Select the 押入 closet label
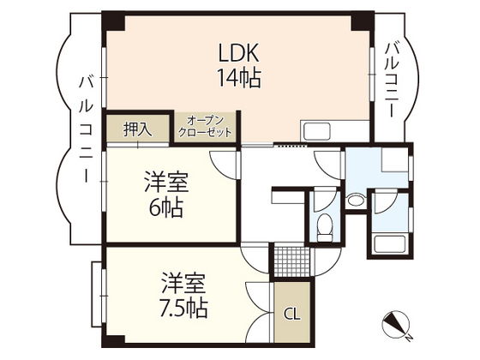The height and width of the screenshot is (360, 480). tap(137, 129)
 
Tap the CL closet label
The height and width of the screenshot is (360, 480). tap(291, 315)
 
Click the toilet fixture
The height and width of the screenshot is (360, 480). tap(325, 225)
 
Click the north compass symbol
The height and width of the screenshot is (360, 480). tap(397, 323)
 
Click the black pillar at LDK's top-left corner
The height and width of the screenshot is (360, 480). tap(109, 18)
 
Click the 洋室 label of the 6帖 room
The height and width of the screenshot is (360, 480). tap(165, 182)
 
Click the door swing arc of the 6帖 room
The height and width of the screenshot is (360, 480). tap(221, 164)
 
